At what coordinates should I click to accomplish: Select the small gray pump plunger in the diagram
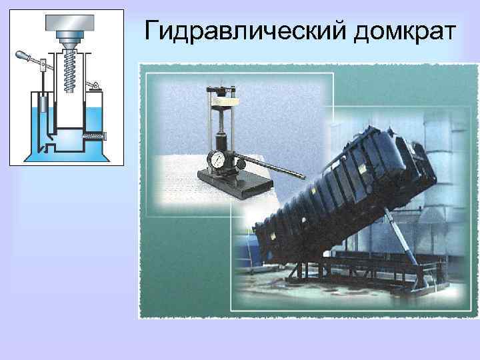coord(42,105)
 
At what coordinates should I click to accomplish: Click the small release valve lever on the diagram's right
coord(95,85)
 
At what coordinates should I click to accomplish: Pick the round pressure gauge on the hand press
coord(216,159)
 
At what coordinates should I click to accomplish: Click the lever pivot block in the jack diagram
coord(42,64)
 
